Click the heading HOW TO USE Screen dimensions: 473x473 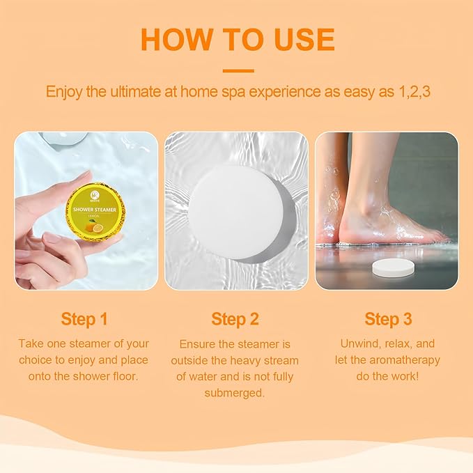[x=237, y=40]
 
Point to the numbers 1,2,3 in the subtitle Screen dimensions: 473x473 [x=411, y=92]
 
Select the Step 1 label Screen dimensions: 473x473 [x=84, y=319]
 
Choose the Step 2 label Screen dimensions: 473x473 [x=235, y=319]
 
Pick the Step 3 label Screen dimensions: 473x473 [x=388, y=319]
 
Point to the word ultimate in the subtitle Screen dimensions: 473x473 [x=132, y=92]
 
